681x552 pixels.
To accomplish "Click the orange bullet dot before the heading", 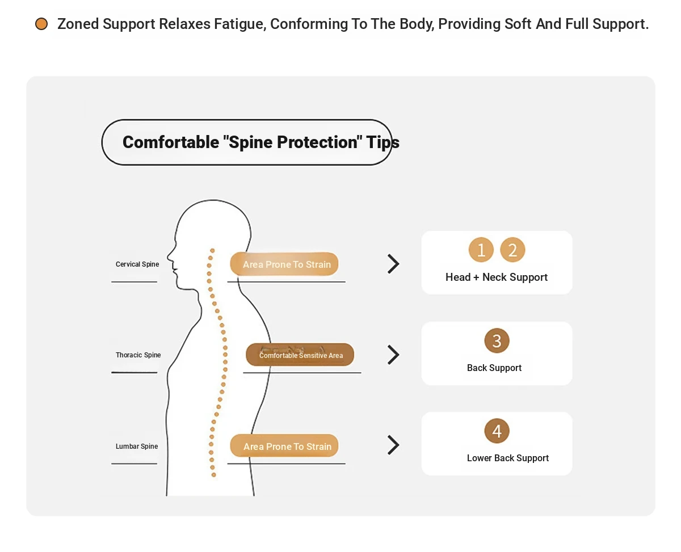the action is pos(41,24).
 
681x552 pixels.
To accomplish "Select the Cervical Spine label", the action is pos(137,264).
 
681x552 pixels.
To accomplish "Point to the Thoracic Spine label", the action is pos(138,355).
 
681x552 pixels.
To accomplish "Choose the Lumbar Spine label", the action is pos(137,446).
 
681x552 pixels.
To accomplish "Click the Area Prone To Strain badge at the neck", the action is pos(284,264).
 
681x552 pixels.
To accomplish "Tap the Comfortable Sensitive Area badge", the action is pos(300,355).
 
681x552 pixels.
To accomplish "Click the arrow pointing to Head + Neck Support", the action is pos(394,264).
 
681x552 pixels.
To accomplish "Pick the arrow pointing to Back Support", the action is pos(394,355).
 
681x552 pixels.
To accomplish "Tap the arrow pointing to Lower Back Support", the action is pos(394,445).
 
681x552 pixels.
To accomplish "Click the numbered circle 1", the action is pos(481,250).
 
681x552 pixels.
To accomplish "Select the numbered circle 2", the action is pos(512,250).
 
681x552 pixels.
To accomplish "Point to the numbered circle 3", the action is pos(497,341).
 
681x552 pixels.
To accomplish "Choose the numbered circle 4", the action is pos(497,431).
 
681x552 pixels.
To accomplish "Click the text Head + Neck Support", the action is pos(497,277).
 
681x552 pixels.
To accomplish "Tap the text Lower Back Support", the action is pos(508,458).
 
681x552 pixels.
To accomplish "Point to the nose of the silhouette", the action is pos(169,256).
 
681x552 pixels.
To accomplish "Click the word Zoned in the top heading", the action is pos(78,24).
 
